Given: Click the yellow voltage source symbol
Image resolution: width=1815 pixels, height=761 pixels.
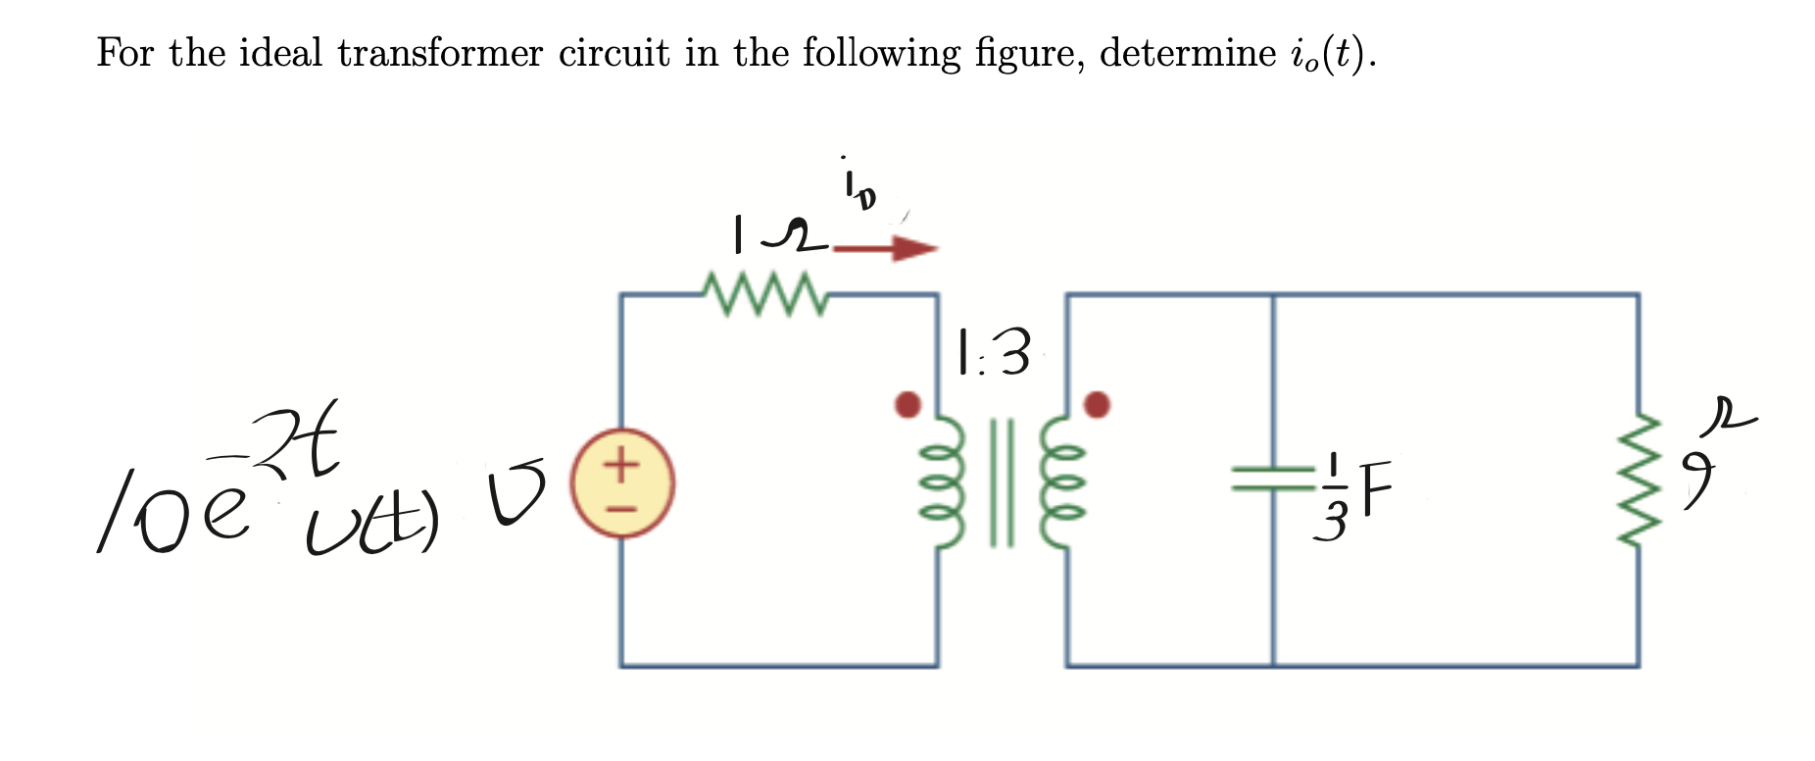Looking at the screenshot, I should pos(623,483).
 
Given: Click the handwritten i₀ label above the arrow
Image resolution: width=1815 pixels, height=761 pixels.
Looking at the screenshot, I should pos(858,188).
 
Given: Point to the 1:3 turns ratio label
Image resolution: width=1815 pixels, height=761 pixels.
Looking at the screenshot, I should pos(994,353).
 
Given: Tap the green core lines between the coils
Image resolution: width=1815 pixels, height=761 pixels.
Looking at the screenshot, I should pos(1002,482).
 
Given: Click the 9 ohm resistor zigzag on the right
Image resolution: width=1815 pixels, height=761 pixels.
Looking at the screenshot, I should pos(1638,481).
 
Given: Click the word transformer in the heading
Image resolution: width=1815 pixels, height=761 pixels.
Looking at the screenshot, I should pos(440,53).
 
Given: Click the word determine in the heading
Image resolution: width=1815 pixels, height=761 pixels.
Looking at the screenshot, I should pos(1187,53).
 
